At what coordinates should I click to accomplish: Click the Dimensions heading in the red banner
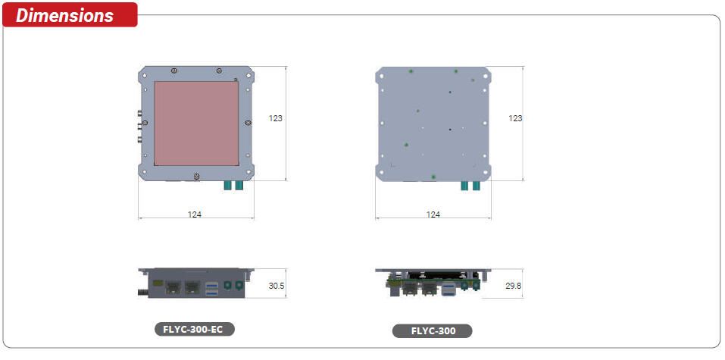[x=65, y=15]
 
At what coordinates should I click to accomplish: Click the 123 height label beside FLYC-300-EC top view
[x=276, y=118]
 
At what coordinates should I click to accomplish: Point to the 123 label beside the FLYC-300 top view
[x=515, y=118]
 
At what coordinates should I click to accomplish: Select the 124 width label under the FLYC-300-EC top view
[x=195, y=214]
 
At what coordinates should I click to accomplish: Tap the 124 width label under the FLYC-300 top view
[x=433, y=214]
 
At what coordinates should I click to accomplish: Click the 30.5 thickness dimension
[x=277, y=286]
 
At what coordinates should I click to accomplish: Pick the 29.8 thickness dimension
[x=513, y=286]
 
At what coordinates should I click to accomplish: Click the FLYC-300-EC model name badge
[x=194, y=329]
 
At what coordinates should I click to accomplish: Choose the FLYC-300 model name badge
[x=432, y=330]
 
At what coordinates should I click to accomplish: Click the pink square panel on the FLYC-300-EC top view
[x=196, y=124]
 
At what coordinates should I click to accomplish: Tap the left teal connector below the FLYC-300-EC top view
[x=227, y=186]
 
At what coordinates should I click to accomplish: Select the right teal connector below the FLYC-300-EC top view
[x=239, y=186]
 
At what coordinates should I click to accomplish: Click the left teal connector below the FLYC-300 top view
[x=465, y=186]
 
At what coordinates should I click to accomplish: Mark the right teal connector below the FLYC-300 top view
[x=477, y=186]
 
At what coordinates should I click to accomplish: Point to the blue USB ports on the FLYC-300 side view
[x=450, y=289]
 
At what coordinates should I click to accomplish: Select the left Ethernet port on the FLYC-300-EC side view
[x=173, y=286]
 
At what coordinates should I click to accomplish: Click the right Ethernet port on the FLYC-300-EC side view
[x=192, y=286]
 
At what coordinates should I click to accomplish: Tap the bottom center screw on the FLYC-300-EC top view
[x=197, y=177]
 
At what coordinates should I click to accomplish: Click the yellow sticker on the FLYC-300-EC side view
[x=158, y=283]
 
